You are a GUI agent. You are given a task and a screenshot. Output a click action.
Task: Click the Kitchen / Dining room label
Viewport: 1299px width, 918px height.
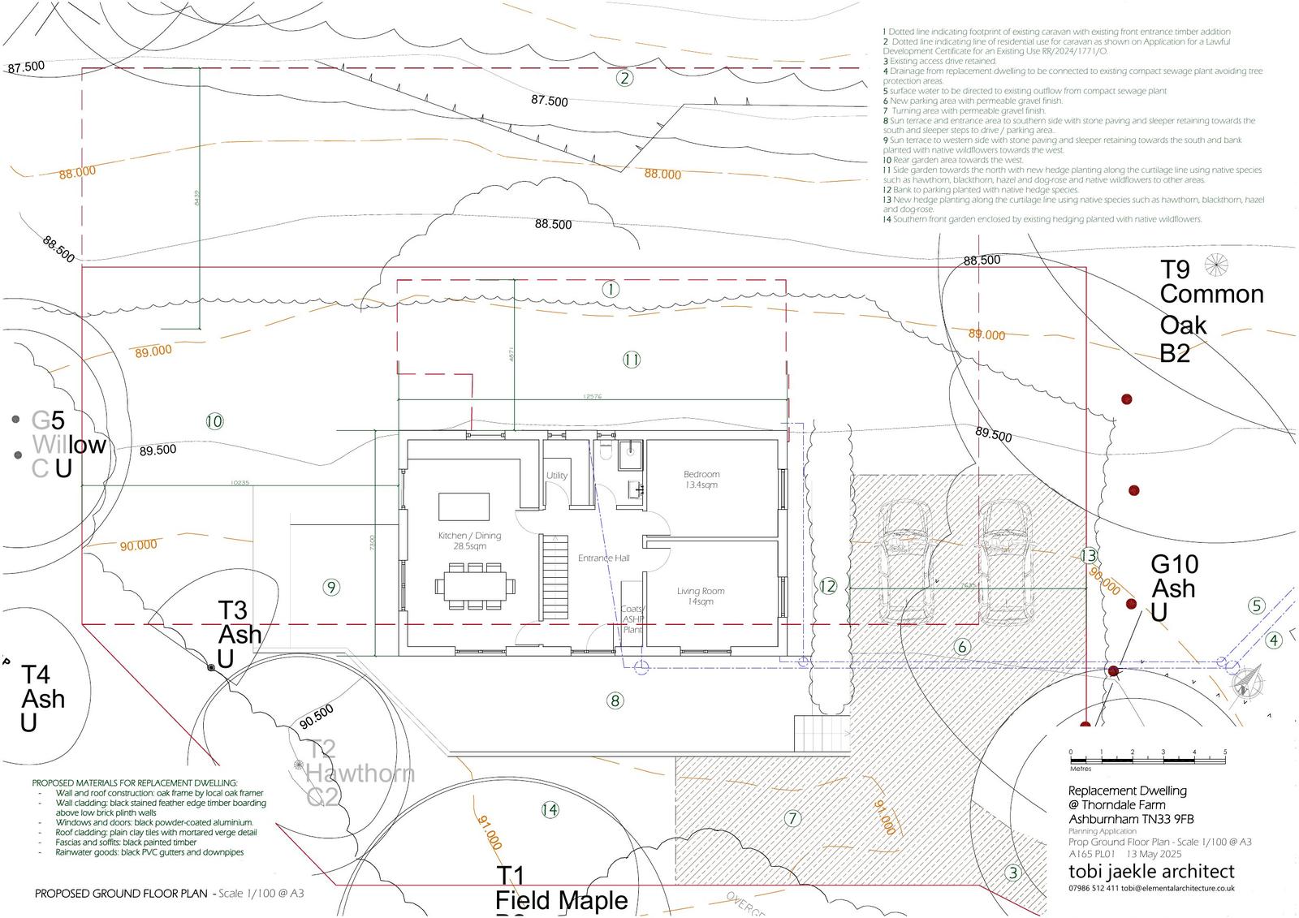pyautogui.click(x=469, y=541)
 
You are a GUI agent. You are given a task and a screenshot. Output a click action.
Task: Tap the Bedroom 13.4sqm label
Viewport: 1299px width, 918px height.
pyautogui.click(x=701, y=479)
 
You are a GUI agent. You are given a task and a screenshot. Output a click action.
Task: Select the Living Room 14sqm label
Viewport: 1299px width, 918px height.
pyautogui.click(x=700, y=596)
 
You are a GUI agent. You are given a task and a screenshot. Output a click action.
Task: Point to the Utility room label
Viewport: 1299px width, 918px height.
pyautogui.click(x=556, y=476)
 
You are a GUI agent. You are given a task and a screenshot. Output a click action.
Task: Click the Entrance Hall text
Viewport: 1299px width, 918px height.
pyautogui.click(x=603, y=558)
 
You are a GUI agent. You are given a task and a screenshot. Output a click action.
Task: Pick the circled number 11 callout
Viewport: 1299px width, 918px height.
pyautogui.click(x=632, y=360)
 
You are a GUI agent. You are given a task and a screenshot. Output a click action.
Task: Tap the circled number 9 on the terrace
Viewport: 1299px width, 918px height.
pyautogui.click(x=330, y=587)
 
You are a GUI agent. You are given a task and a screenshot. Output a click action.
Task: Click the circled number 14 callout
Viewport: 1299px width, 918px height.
pyautogui.click(x=550, y=809)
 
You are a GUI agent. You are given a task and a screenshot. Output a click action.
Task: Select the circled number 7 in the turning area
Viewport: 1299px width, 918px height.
pyautogui.click(x=792, y=818)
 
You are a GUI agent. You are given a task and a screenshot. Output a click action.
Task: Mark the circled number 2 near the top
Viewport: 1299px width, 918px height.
pyautogui.click(x=624, y=78)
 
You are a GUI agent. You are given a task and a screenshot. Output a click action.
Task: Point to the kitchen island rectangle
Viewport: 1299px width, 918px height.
pyautogui.click(x=464, y=506)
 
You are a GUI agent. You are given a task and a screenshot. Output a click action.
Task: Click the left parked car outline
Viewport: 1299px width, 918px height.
pyautogui.click(x=904, y=560)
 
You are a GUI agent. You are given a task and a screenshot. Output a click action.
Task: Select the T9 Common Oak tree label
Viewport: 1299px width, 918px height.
pyautogui.click(x=1210, y=310)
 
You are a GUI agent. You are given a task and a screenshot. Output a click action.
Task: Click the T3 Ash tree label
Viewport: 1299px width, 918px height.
pyautogui.click(x=240, y=634)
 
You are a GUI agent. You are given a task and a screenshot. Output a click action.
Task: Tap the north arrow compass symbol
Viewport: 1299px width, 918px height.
pyautogui.click(x=1248, y=682)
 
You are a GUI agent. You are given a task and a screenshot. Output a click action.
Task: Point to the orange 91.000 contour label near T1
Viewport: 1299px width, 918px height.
pyautogui.click(x=490, y=834)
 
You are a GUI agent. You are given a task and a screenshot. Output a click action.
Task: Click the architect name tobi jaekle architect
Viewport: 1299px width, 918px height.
pyautogui.click(x=1151, y=871)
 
